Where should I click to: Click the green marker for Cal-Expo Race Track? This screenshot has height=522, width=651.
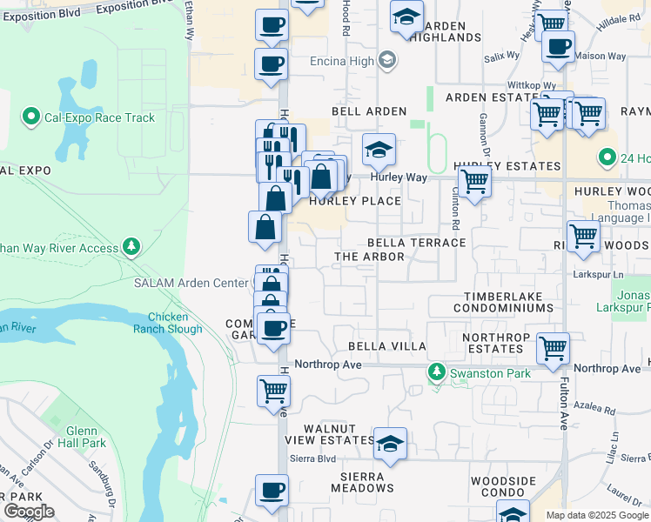click(x=31, y=117)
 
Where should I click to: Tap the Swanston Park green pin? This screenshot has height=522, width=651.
click(x=437, y=373)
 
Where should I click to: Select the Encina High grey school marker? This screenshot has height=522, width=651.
click(x=387, y=61)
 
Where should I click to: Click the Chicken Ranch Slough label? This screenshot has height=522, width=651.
click(x=174, y=323)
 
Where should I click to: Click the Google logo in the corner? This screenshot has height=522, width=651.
click(x=29, y=512)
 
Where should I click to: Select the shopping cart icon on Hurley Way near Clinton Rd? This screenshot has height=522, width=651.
click(x=474, y=183)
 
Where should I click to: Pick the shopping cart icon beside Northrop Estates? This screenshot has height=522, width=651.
click(x=553, y=348)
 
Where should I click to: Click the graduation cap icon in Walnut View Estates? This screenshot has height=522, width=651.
click(x=391, y=443)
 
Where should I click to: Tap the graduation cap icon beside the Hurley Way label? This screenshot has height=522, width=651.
click(x=379, y=150)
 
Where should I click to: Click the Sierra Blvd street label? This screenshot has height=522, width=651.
click(x=312, y=458)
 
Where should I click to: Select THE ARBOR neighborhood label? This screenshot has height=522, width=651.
click(x=370, y=257)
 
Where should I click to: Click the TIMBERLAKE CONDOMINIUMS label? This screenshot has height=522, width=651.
click(x=503, y=302)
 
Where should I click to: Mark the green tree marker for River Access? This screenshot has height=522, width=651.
click(x=131, y=248)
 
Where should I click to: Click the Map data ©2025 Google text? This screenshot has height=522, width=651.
click(x=596, y=515)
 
